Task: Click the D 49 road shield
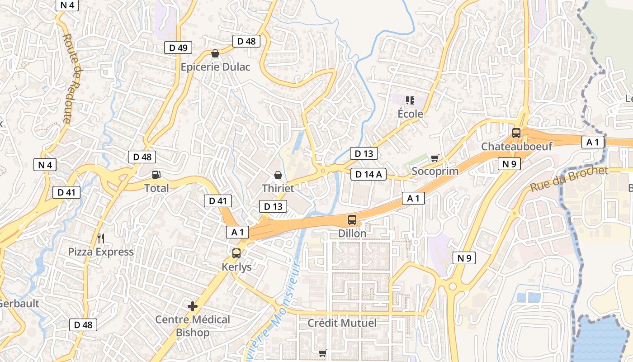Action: (178, 48)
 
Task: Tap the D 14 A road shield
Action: (368, 174)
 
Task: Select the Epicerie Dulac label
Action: (215, 67)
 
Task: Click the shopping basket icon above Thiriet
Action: (278, 175)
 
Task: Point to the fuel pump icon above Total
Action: (156, 174)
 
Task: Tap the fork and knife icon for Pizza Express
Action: (101, 238)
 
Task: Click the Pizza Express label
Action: (101, 252)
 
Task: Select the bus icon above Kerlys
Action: (236, 253)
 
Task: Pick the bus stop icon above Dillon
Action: (352, 220)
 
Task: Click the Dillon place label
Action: (352, 233)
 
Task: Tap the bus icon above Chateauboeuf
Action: (516, 133)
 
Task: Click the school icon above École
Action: (410, 100)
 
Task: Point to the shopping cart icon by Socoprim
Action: (435, 158)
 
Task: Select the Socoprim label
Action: (435, 171)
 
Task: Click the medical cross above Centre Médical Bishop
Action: (193, 306)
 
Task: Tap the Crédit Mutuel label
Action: (342, 323)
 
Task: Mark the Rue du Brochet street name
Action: (569, 179)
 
